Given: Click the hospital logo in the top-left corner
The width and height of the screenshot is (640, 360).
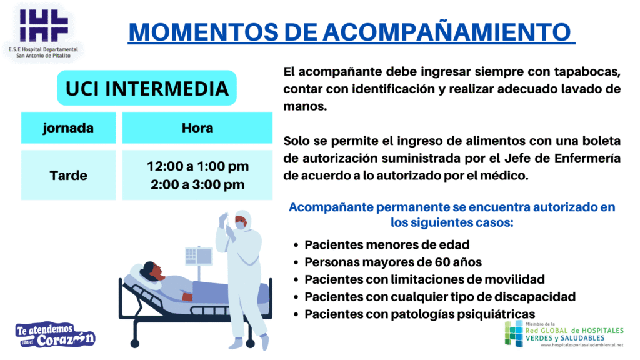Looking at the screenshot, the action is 43,32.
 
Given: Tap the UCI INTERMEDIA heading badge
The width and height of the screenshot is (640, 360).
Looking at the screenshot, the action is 147,88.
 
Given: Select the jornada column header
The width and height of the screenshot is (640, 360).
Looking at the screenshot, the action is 69,127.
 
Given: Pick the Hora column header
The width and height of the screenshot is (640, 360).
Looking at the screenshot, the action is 197,127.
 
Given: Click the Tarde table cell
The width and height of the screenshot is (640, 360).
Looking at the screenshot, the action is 69,175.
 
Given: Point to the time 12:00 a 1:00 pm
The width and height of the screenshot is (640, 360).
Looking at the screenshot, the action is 197,166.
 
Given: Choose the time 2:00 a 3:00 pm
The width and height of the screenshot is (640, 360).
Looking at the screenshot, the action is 197,184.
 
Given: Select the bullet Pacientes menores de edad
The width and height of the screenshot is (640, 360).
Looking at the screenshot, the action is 387,244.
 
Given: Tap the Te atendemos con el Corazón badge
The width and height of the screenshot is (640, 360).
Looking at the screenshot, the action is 55,335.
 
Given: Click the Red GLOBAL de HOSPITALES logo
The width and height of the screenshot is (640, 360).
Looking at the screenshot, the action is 564,334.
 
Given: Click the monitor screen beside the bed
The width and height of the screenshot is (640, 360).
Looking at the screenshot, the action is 199,256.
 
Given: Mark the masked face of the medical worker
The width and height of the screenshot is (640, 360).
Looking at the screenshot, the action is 241,223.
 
